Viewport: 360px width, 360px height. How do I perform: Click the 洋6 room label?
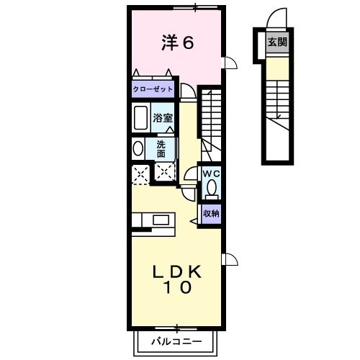(x=178, y=43)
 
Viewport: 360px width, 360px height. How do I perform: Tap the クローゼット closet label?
(x=153, y=90)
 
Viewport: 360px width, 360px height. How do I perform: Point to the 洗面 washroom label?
(x=162, y=148)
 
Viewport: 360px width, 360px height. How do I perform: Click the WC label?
(x=210, y=174)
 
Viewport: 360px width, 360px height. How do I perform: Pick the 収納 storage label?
(x=210, y=213)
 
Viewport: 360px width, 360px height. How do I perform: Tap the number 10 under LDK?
(x=176, y=289)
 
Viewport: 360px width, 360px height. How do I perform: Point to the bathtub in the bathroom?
(x=140, y=117)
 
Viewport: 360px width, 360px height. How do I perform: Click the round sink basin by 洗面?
(x=138, y=148)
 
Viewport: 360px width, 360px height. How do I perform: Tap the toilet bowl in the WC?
(x=211, y=189)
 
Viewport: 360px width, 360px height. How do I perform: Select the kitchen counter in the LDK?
(x=151, y=220)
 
